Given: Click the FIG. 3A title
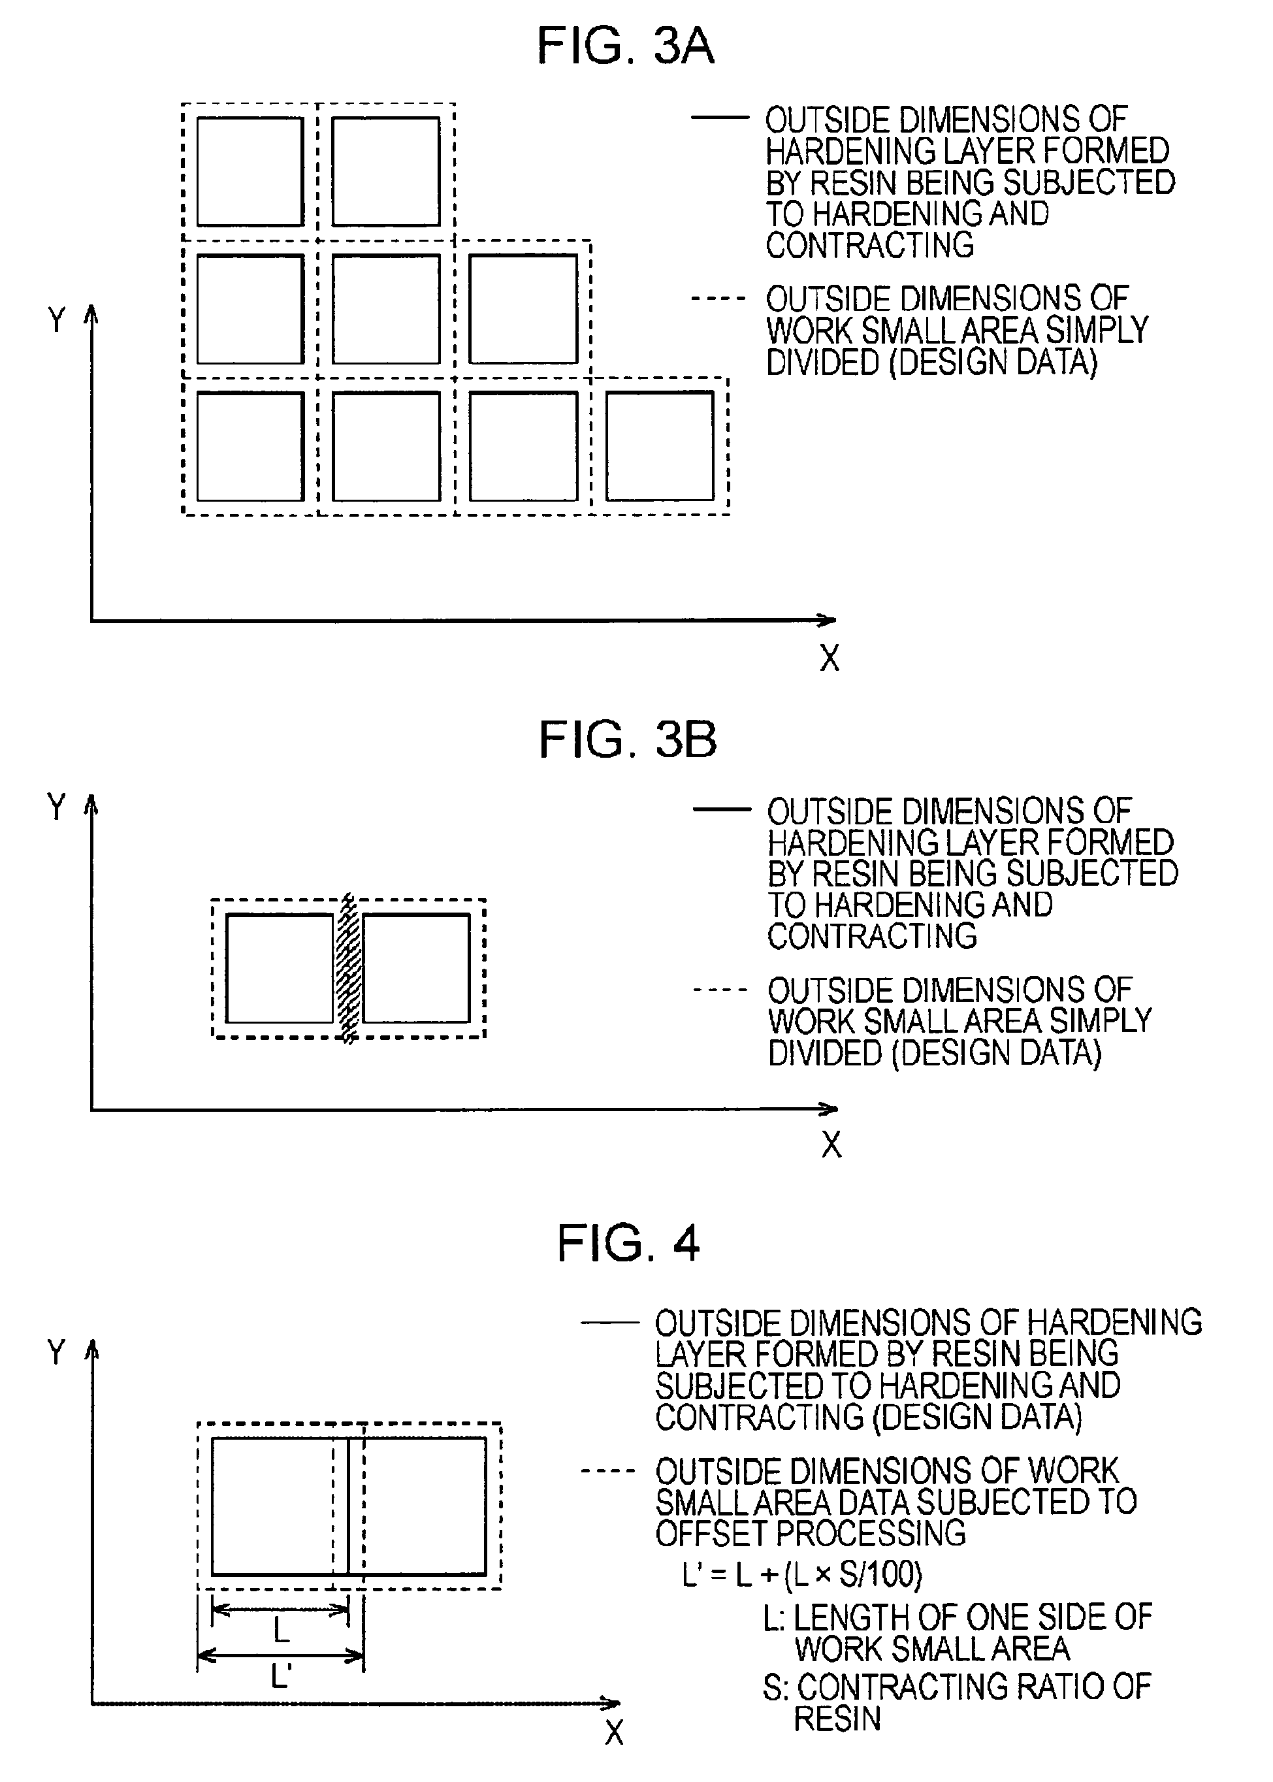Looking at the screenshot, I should (624, 46).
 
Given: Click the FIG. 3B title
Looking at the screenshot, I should (627, 739).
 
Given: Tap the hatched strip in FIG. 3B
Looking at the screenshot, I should (347, 968).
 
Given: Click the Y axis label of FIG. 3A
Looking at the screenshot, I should (56, 320).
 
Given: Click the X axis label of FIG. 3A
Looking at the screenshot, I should (830, 658).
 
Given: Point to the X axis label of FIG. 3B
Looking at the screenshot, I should (831, 1144).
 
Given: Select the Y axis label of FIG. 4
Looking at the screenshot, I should (56, 1352).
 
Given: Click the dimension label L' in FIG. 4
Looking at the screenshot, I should (281, 1677).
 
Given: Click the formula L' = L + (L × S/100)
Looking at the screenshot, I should (802, 1574).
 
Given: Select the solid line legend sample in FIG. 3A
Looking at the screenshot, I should (719, 118).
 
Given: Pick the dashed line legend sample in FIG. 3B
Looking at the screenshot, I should (719, 990).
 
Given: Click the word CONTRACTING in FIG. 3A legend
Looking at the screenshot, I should (869, 246).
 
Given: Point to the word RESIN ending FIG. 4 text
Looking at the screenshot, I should (837, 1719).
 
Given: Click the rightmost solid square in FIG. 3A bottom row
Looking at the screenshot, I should (659, 446).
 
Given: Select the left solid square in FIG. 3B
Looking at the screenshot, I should (280, 968).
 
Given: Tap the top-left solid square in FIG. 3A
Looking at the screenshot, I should (250, 172).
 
